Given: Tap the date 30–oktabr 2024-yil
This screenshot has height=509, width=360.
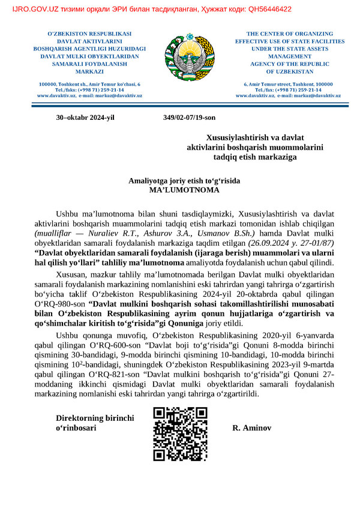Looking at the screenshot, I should pyautogui.click(x=85, y=118).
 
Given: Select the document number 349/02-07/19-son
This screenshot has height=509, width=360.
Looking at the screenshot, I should pyautogui.click(x=189, y=118).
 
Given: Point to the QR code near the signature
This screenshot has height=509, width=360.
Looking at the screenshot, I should pyautogui.click(x=181, y=434).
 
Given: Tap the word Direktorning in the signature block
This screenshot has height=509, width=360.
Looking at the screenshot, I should pyautogui.click(x=80, y=418).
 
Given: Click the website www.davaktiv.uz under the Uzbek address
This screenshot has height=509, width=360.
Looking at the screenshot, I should pyautogui.click(x=56, y=95).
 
